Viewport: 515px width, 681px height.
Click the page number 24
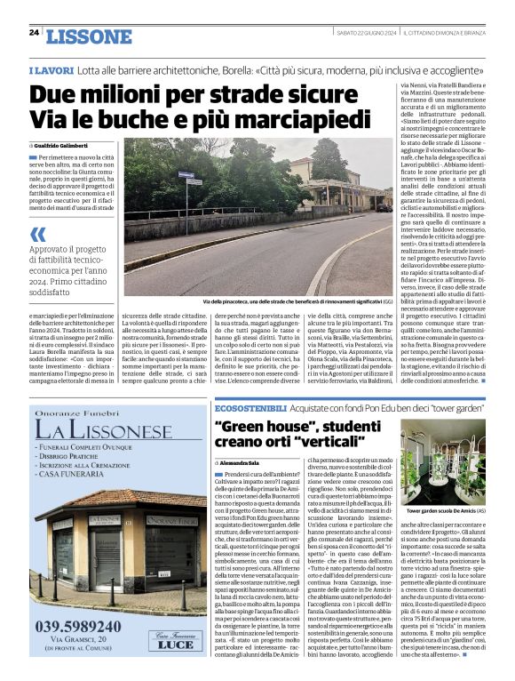pyautogui.click(x=34, y=33)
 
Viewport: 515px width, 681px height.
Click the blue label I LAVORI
pyautogui.click(x=50, y=69)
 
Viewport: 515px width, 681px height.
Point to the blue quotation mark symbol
pyautogui.click(x=37, y=235)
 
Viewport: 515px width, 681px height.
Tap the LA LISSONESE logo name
pyautogui.click(x=105, y=433)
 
